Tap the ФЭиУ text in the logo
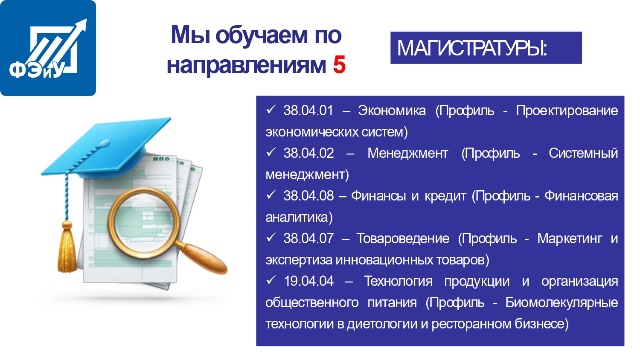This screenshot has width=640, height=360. (37, 70)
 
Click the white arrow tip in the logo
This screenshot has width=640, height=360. (85, 20)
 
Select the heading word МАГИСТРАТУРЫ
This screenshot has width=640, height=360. (472, 48)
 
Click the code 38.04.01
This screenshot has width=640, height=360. (308, 110)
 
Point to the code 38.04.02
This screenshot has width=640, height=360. (308, 153)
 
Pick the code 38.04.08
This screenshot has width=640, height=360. (308, 196)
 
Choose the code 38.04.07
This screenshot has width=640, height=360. (308, 238)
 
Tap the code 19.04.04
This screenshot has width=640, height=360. (308, 281)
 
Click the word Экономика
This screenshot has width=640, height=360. (392, 110)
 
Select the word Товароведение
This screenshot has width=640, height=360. (403, 239)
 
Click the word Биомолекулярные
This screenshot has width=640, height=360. (562, 303)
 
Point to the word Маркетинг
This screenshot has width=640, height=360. (570, 239)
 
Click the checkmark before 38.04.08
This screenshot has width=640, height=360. (271, 195)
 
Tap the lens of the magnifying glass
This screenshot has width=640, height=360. (143, 223)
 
